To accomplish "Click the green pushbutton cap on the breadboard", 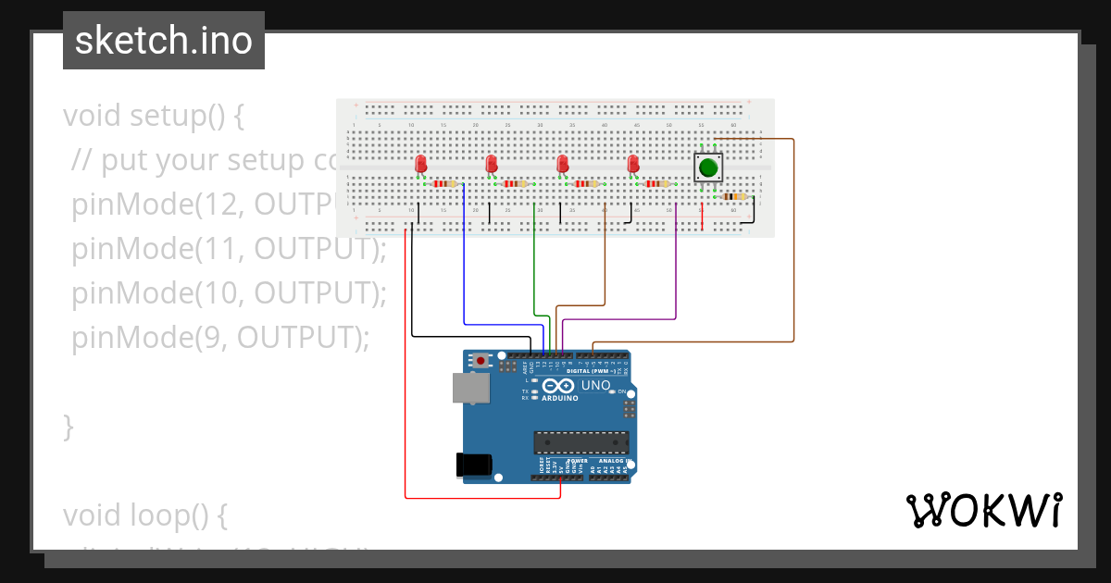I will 708,167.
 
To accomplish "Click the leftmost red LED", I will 421,164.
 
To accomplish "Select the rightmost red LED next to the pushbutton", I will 633,164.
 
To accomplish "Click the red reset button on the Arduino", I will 480,360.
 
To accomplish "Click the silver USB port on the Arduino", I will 469,388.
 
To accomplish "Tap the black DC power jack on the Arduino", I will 475,465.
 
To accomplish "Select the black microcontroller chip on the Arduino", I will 580,443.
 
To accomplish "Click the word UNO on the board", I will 595,385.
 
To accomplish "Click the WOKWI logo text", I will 983,511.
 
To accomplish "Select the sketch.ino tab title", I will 164,41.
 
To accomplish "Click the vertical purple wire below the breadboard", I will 676,264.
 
